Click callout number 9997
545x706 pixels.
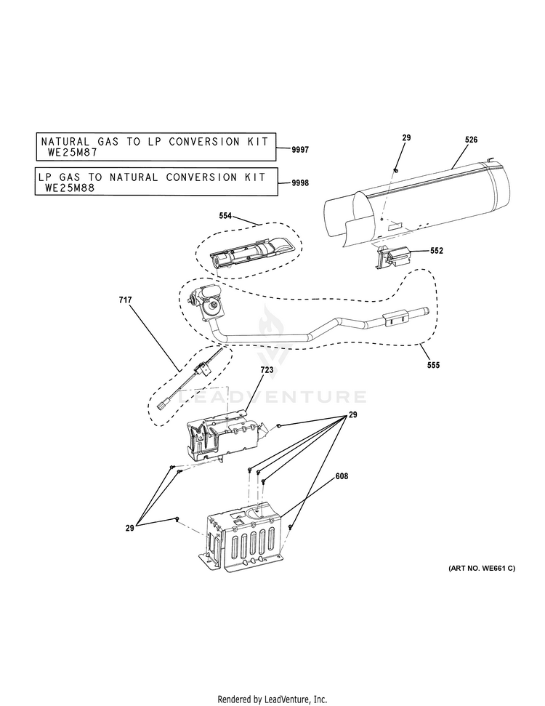pos(299,149)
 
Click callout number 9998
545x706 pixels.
pos(299,183)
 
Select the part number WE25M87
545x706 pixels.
pos(72,153)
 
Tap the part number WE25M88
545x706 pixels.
pos(70,187)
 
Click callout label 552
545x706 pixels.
pos(436,251)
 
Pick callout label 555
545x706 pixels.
pos(433,364)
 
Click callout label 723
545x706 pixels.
pos(267,371)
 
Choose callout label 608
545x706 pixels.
pos(342,476)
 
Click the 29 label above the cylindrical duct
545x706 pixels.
pos(406,137)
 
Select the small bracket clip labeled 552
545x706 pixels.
pos(392,257)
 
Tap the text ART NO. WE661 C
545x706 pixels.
pos(481,568)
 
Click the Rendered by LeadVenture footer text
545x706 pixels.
pos(272,699)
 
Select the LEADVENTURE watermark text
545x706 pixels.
pos(272,397)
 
